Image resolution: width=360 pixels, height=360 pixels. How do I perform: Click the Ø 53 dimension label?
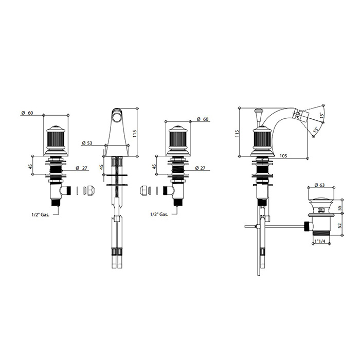click(x=87, y=143)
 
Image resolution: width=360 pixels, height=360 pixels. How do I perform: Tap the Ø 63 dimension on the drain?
click(x=319, y=185)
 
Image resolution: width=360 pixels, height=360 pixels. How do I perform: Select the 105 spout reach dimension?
click(x=283, y=156)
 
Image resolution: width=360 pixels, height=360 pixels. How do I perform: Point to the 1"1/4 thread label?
click(x=320, y=241)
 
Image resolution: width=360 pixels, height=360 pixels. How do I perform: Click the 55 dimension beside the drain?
click(x=340, y=208)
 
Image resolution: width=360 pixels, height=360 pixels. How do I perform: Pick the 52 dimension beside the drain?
click(x=340, y=225)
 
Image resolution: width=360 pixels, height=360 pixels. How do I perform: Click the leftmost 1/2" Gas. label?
click(x=41, y=215)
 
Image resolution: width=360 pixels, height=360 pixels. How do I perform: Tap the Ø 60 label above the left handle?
click(x=27, y=113)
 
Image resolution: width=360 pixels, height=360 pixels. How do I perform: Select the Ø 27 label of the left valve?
click(x=81, y=168)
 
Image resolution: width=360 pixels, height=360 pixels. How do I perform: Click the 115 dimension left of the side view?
click(x=237, y=134)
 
